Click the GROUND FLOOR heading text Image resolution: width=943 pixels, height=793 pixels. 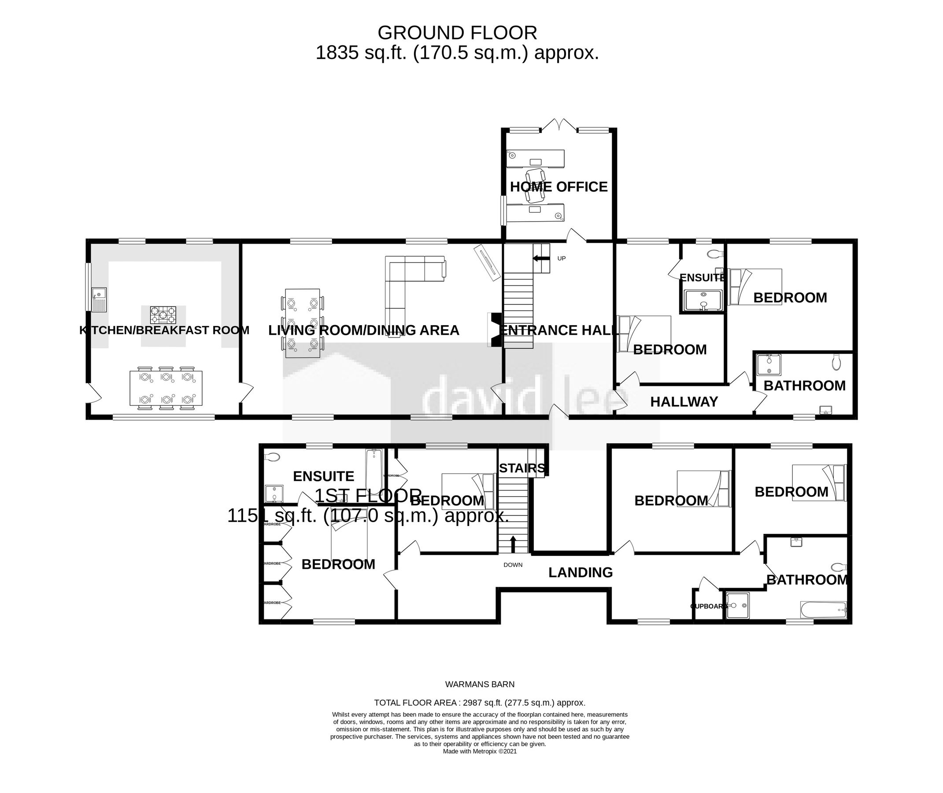(x=457, y=33)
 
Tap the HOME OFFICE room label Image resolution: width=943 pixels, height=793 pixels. (x=558, y=186)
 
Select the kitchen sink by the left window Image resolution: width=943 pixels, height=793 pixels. (x=99, y=299)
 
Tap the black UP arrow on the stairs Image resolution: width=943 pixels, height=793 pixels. (x=541, y=259)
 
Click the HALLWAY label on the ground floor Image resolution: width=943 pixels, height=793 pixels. (x=684, y=401)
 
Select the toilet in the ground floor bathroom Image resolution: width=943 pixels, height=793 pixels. (x=836, y=362)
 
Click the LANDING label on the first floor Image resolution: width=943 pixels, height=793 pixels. (x=580, y=572)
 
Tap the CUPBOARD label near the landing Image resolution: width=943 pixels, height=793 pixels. (x=708, y=606)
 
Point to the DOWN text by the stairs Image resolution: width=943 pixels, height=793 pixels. (x=513, y=565)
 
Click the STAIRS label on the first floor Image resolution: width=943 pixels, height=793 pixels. (x=522, y=468)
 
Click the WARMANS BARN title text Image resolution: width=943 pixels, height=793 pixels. (x=480, y=684)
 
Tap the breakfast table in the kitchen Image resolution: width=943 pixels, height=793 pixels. (x=166, y=388)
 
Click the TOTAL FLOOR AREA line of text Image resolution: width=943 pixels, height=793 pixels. (x=480, y=703)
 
